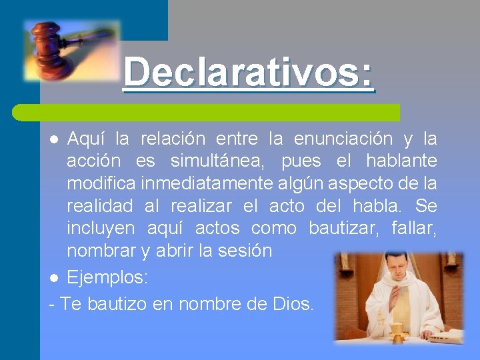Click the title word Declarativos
(x=248, y=72)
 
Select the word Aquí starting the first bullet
(x=85, y=139)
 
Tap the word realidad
(x=99, y=206)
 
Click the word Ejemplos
(x=107, y=277)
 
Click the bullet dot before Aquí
(x=55, y=139)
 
